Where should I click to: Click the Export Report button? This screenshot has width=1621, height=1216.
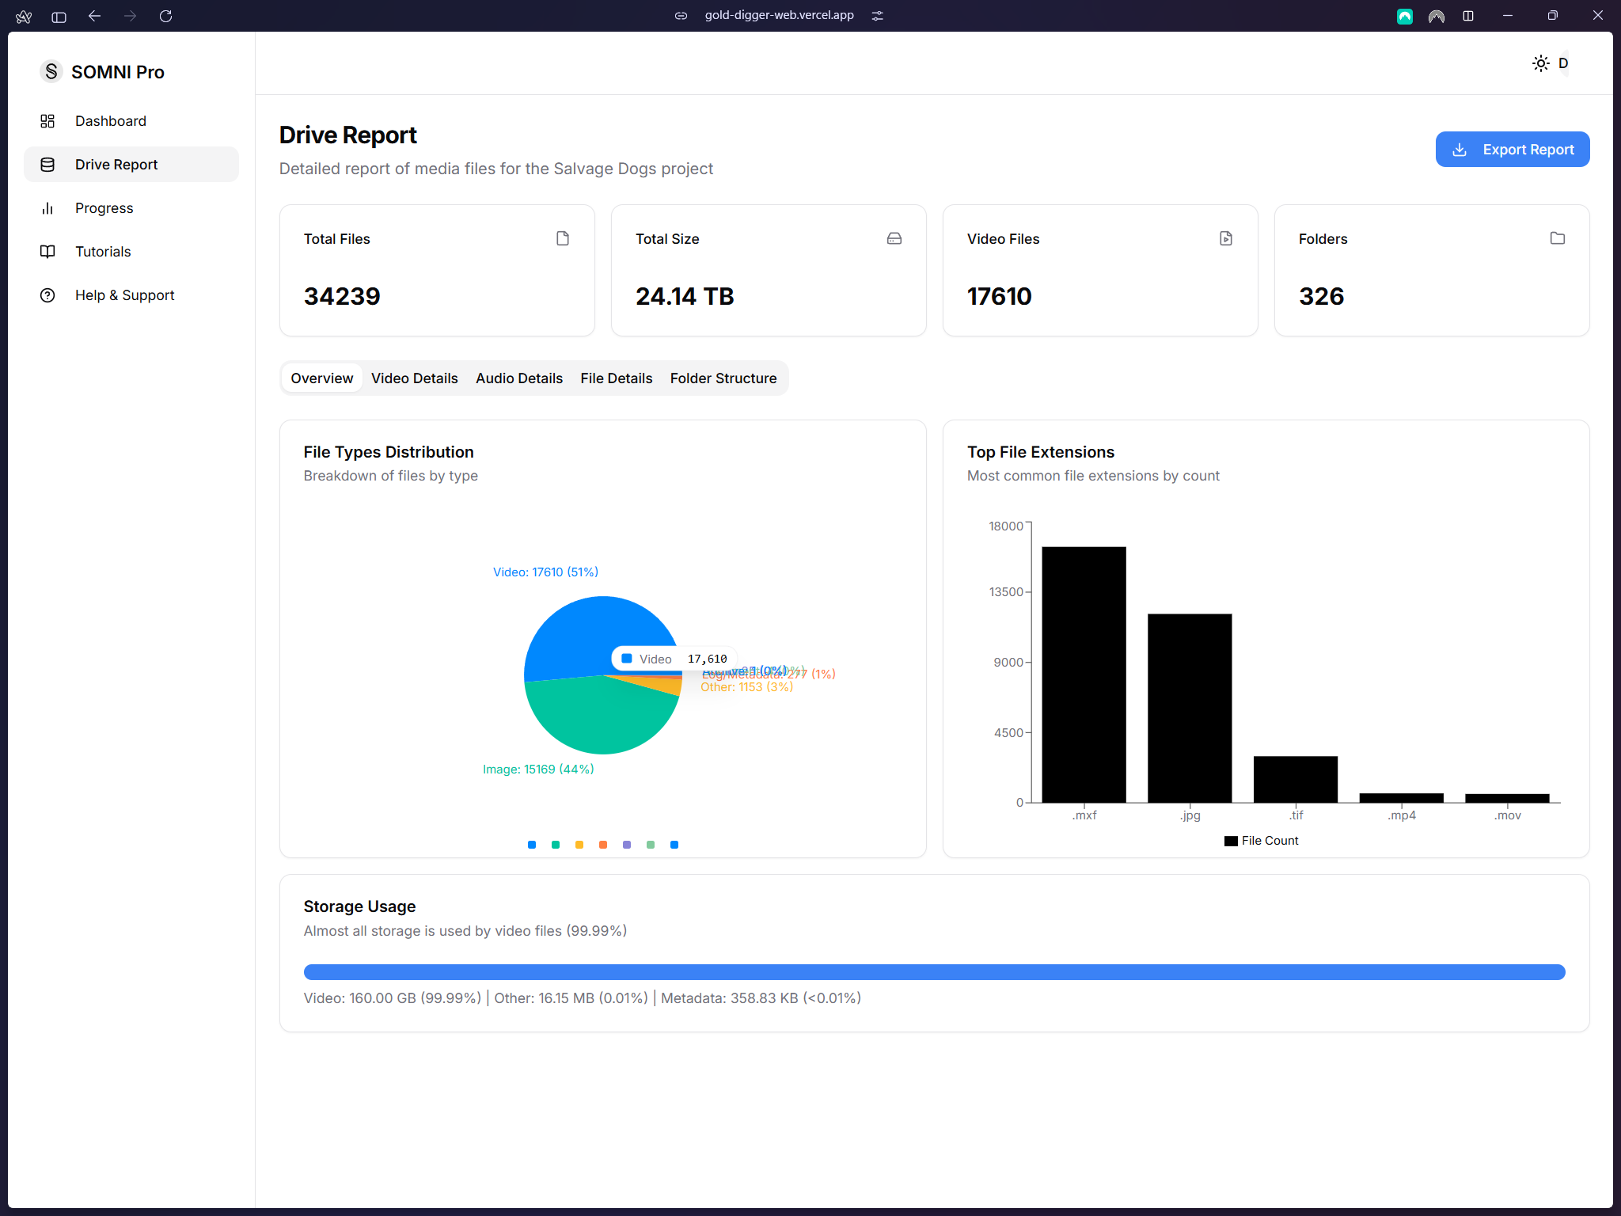pos(1512,150)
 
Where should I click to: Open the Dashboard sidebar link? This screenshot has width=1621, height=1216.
pos(110,121)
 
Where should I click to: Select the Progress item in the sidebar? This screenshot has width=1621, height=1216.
pos(104,208)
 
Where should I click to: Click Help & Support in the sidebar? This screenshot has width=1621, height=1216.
pos(124,295)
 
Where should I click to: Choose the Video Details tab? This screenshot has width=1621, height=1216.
pos(414,378)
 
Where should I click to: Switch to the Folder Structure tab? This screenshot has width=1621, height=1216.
pos(723,378)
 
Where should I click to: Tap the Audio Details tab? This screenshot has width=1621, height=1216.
pos(518,378)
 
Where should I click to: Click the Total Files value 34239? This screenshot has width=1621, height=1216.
pos(342,296)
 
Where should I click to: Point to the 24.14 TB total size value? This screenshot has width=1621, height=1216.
pos(685,296)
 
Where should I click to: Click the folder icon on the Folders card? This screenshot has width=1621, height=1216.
pos(1557,238)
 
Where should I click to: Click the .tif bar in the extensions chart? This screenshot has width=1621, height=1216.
pos(1295,779)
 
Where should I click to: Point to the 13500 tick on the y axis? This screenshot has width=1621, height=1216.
pos(1005,592)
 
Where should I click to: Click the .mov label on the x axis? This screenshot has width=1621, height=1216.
pos(1507,815)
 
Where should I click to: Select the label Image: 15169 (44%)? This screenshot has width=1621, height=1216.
pos(538,769)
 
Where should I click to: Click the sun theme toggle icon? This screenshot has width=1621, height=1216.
pos(1540,63)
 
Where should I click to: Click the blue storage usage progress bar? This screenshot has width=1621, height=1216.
pos(934,972)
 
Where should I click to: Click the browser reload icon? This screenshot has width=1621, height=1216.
pos(165,16)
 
